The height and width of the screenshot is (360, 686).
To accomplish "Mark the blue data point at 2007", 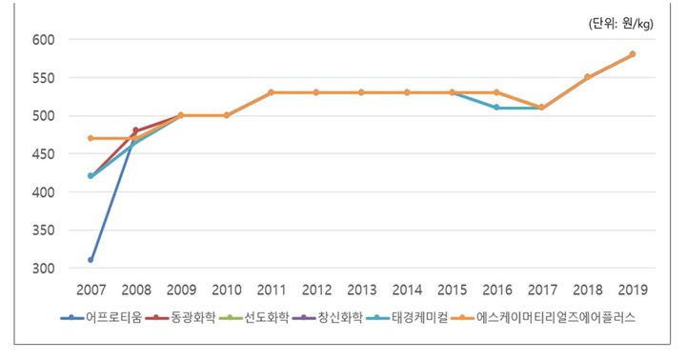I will [91, 260].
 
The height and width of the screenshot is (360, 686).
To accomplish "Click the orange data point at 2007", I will [91, 138].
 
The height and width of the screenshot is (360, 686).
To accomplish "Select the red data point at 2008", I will [135, 130].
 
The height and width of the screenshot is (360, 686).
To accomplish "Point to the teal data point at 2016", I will [496, 108].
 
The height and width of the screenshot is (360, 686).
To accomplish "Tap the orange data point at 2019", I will [633, 54].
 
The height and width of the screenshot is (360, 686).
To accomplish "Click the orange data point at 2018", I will [587, 77].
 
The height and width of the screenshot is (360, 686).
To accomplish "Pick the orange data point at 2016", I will [496, 92].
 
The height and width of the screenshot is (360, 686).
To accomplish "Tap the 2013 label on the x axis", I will [361, 289].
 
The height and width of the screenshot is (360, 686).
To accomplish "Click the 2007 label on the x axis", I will [91, 289].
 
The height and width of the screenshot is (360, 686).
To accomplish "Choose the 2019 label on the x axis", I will [633, 289].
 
